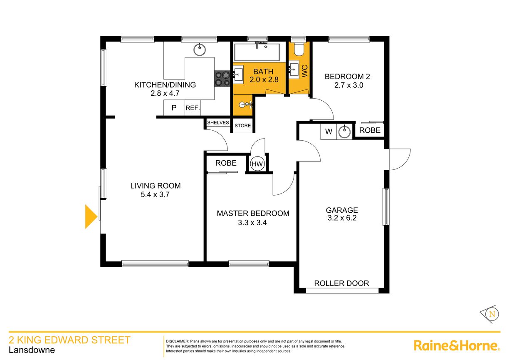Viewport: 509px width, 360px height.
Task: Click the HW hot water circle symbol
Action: pyautogui.click(x=257, y=164)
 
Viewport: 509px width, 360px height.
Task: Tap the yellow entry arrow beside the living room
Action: pyautogui.click(x=91, y=216)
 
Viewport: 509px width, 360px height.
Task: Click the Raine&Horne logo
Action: pyautogui.click(x=456, y=345)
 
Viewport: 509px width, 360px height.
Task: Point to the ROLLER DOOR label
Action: pyautogui.click(x=341, y=283)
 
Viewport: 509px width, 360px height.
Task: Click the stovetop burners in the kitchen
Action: pyautogui.click(x=222, y=79)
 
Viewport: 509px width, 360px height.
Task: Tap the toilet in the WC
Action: pyautogui.click(x=299, y=49)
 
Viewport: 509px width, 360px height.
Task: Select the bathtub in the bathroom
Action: pyautogui.click(x=258, y=52)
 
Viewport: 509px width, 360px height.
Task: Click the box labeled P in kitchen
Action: pyautogui.click(x=174, y=108)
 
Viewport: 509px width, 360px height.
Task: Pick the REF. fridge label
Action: pyautogui.click(x=193, y=108)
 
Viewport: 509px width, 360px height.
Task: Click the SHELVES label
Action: pyautogui.click(x=218, y=122)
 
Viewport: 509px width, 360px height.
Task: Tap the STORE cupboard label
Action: pyautogui.click(x=242, y=126)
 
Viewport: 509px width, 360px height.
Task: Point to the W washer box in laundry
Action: pyautogui.click(x=329, y=132)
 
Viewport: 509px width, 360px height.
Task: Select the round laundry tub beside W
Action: pyautogui.click(x=344, y=132)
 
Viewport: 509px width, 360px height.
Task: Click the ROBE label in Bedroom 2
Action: pyautogui.click(x=370, y=130)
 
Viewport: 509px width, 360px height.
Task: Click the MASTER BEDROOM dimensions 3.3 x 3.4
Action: pyautogui.click(x=253, y=223)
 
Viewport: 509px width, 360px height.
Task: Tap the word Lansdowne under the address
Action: pyautogui.click(x=32, y=350)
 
